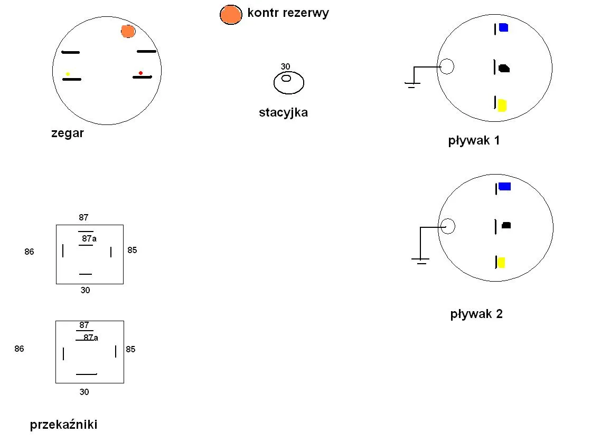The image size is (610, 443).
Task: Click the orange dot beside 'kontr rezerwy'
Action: point(231,15)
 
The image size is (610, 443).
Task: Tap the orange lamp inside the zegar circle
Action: point(128,31)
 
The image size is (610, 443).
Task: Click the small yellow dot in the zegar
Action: point(68,74)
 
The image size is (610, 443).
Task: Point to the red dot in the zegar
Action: point(140,73)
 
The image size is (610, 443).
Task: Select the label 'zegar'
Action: point(68,133)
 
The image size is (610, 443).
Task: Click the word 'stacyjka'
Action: point(283,112)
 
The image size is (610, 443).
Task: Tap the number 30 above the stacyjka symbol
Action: point(285,67)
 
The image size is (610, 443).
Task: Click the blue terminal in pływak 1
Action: point(503,28)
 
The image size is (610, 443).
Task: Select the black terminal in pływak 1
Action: point(504,69)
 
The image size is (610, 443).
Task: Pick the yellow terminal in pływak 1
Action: point(502,105)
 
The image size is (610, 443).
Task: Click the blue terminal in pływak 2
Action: point(504,186)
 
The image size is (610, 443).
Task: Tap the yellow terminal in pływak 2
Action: point(501,262)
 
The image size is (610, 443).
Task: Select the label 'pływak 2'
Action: point(476,314)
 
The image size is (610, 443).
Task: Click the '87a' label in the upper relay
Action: point(89,239)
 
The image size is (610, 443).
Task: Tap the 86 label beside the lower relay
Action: point(19,349)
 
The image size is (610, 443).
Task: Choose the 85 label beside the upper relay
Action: point(132,251)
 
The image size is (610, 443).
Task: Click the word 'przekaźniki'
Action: point(63,425)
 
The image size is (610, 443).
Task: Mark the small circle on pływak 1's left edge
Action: point(447,67)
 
